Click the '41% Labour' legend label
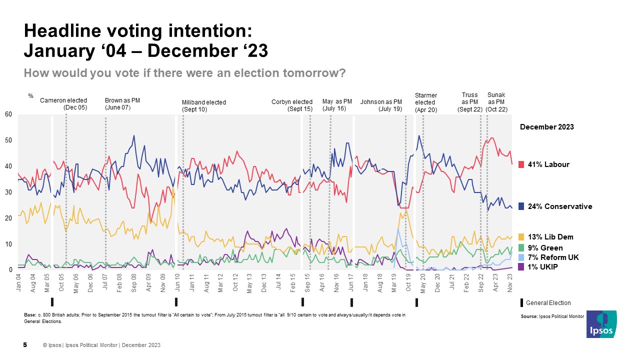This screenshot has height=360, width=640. pyautogui.click(x=549, y=164)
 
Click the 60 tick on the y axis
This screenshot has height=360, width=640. pyautogui.click(x=8, y=114)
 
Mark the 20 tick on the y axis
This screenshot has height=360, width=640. pyautogui.click(x=8, y=218)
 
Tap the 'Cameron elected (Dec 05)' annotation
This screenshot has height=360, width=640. pyautogui.click(x=63, y=104)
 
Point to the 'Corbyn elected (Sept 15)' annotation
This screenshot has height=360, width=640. pyautogui.click(x=292, y=105)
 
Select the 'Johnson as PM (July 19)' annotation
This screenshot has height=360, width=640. pyautogui.click(x=381, y=105)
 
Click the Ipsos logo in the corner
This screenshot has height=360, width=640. pyautogui.click(x=601, y=324)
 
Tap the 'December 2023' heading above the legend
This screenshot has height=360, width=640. pyautogui.click(x=547, y=127)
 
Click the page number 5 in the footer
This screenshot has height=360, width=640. pyautogui.click(x=25, y=345)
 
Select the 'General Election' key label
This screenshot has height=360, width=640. pyautogui.click(x=548, y=303)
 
